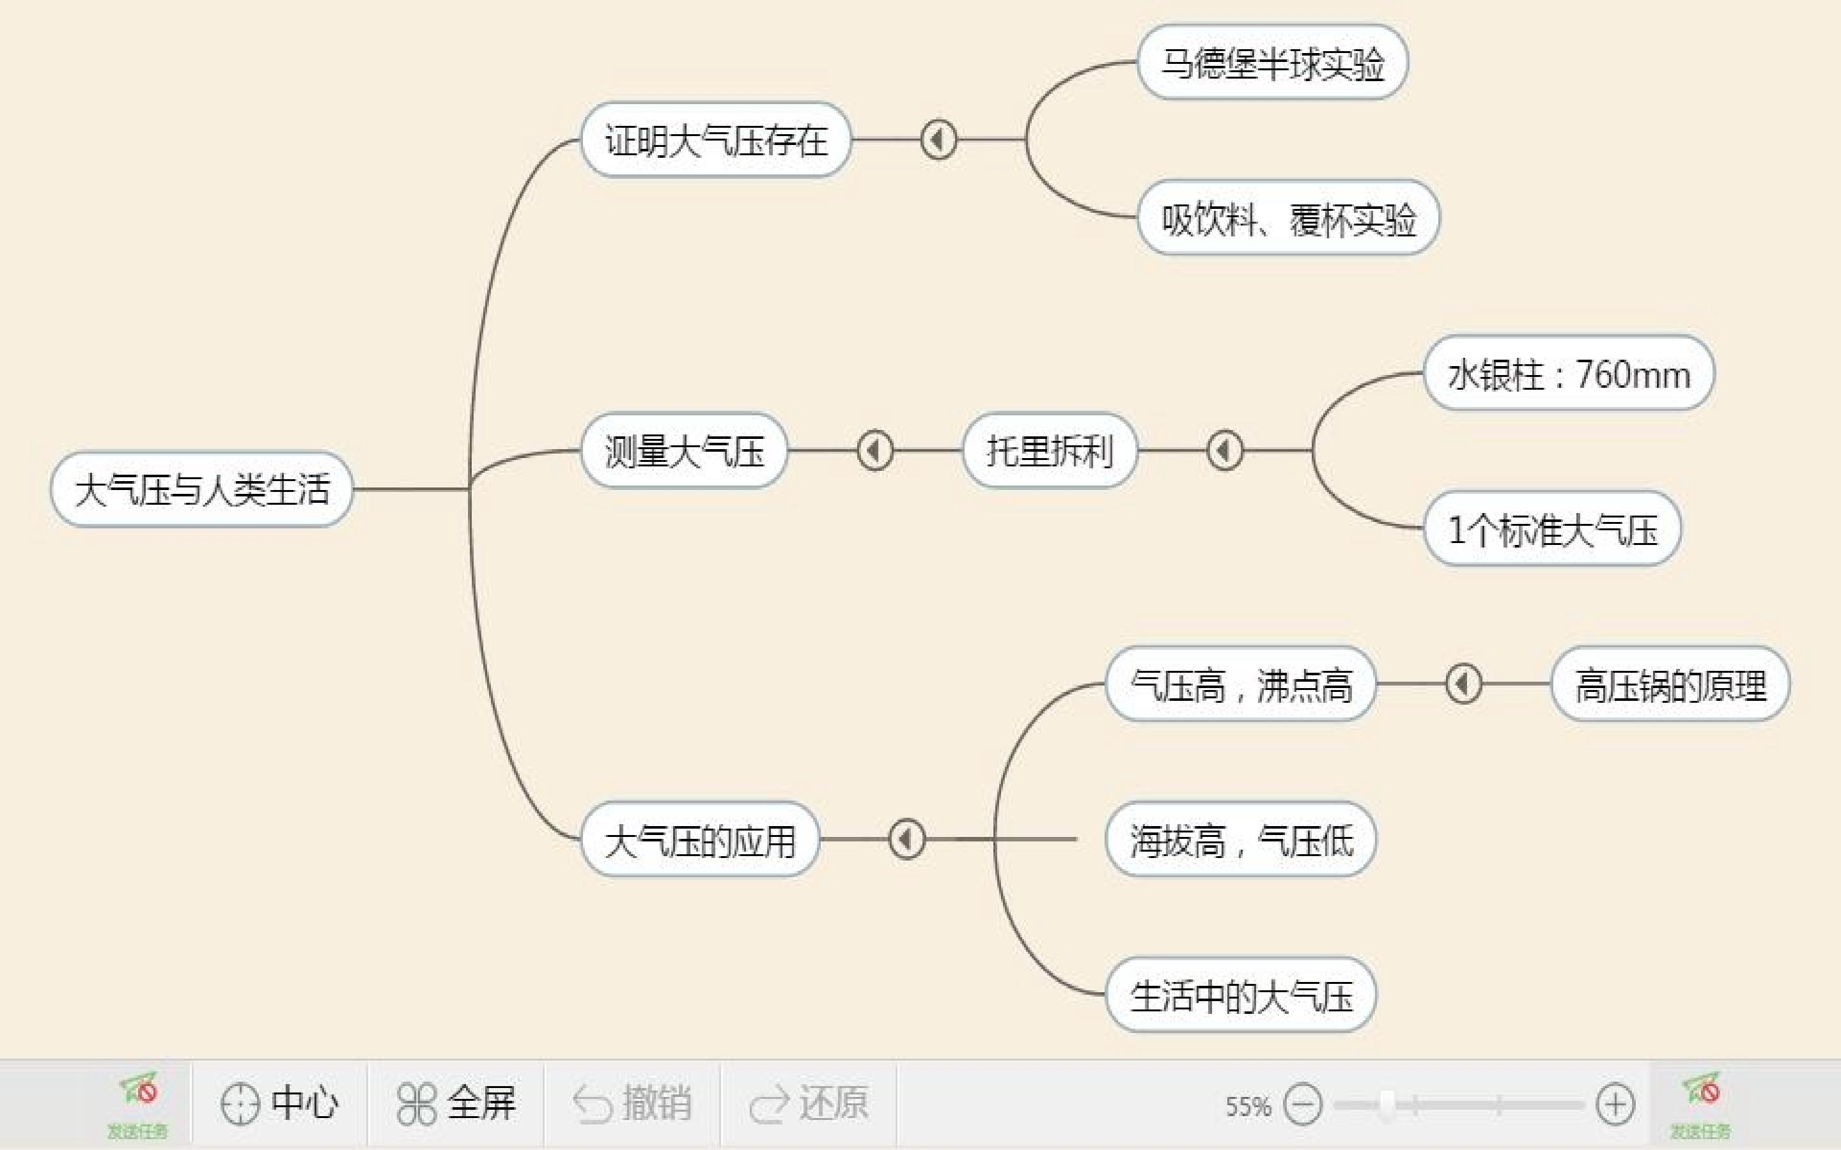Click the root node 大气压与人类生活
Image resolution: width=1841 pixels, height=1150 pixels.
click(x=201, y=489)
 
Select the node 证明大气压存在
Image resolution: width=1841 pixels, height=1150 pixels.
click(x=716, y=140)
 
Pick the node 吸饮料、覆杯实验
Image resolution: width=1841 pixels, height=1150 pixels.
click(x=1289, y=218)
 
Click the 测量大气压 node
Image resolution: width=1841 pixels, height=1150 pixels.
click(x=684, y=451)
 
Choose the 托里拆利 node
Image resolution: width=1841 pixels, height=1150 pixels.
click(x=1050, y=451)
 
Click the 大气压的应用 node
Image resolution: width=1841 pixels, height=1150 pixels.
click(x=700, y=839)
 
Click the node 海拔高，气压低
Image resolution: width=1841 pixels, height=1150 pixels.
click(x=1241, y=839)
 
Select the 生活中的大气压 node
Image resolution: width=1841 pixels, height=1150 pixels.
click(x=1241, y=995)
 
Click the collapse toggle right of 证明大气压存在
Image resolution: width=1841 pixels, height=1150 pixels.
click(x=938, y=140)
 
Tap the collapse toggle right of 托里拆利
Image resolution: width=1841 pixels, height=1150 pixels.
click(x=1225, y=451)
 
